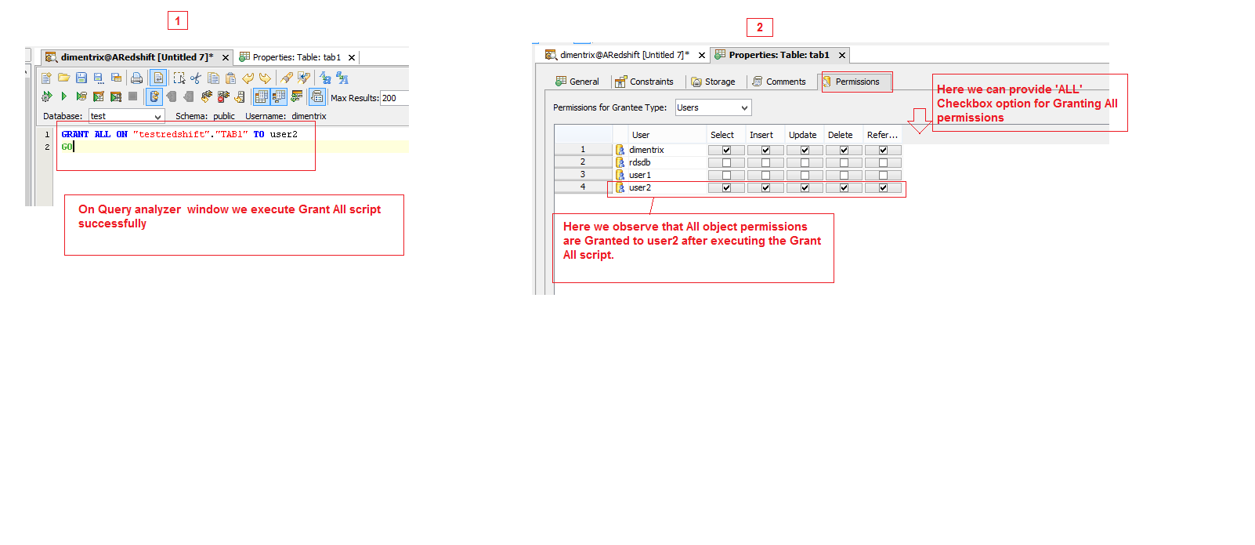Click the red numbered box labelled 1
[178, 20]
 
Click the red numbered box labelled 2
[760, 27]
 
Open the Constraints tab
[644, 82]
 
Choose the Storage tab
[713, 82]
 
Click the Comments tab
[779, 82]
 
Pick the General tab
[577, 82]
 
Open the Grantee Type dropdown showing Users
[713, 107]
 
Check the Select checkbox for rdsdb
[726, 162]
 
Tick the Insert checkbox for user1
[765, 175]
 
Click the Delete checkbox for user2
[844, 188]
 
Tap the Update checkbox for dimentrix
[805, 150]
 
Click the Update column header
[803, 135]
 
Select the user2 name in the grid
[640, 188]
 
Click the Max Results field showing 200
[394, 98]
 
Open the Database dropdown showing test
[126, 116]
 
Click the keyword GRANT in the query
[75, 134]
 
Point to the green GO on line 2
[67, 147]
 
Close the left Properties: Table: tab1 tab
[352, 57]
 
